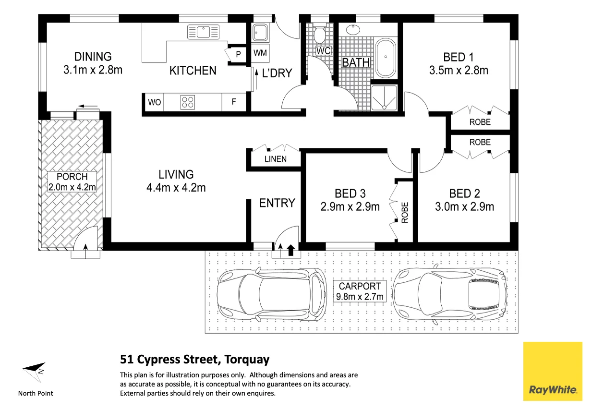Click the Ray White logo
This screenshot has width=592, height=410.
click(552, 371)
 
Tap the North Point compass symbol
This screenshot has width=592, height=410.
click(34, 371)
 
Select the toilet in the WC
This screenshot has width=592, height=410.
click(319, 34)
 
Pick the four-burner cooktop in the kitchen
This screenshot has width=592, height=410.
click(187, 102)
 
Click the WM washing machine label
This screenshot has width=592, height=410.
click(261, 52)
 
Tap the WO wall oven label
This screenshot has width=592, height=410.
click(154, 102)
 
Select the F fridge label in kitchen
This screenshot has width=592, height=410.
click(234, 102)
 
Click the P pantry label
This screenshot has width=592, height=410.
click(238, 55)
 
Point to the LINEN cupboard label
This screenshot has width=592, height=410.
click(276, 159)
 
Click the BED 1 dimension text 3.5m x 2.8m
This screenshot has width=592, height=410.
click(459, 71)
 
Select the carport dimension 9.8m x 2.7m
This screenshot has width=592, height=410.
click(360, 296)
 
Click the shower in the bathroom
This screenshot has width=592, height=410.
click(385, 97)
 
